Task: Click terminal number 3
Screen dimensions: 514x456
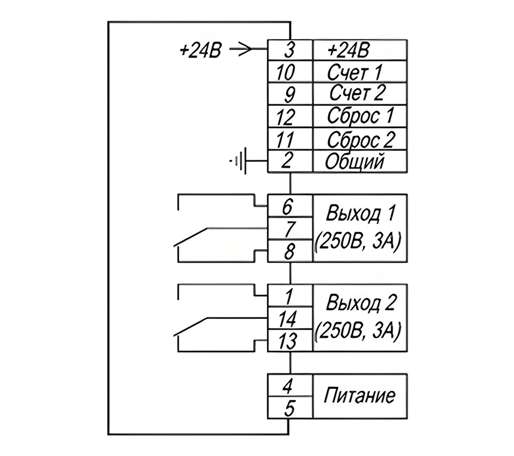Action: (288, 50)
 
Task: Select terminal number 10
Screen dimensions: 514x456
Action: (285, 72)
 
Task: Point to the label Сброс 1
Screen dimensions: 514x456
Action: (360, 116)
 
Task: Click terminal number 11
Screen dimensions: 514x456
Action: (285, 140)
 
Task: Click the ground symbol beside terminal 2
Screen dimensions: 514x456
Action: (238, 161)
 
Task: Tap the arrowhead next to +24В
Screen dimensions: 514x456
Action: (247, 49)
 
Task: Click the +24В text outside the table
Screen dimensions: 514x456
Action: (200, 50)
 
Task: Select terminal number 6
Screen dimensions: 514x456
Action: (287, 207)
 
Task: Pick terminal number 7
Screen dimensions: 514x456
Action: (289, 229)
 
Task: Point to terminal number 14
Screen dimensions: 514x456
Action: (287, 319)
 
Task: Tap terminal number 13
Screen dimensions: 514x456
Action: (287, 341)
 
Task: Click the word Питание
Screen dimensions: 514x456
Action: (359, 395)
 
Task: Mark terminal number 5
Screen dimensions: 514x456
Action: (289, 408)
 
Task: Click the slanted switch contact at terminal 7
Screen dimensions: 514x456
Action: (190, 237)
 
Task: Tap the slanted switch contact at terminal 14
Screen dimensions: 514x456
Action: (190, 327)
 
